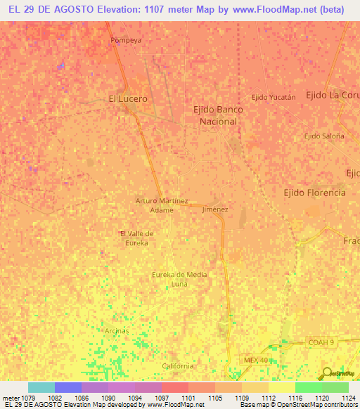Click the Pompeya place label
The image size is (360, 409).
click(126, 40)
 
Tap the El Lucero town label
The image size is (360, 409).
click(128, 99)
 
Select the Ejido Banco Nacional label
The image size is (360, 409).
click(215, 115)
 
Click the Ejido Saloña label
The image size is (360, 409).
click(324, 136)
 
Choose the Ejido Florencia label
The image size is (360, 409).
click(314, 192)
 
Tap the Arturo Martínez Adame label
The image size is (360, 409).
click(162, 204)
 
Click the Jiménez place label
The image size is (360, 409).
click(215, 209)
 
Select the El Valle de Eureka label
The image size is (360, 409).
click(136, 238)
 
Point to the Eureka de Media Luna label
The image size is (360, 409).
click(179, 279)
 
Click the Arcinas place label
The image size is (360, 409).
click(117, 330)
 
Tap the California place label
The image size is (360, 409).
click(177, 366)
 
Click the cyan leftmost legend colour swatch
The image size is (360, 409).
click(41, 387)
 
